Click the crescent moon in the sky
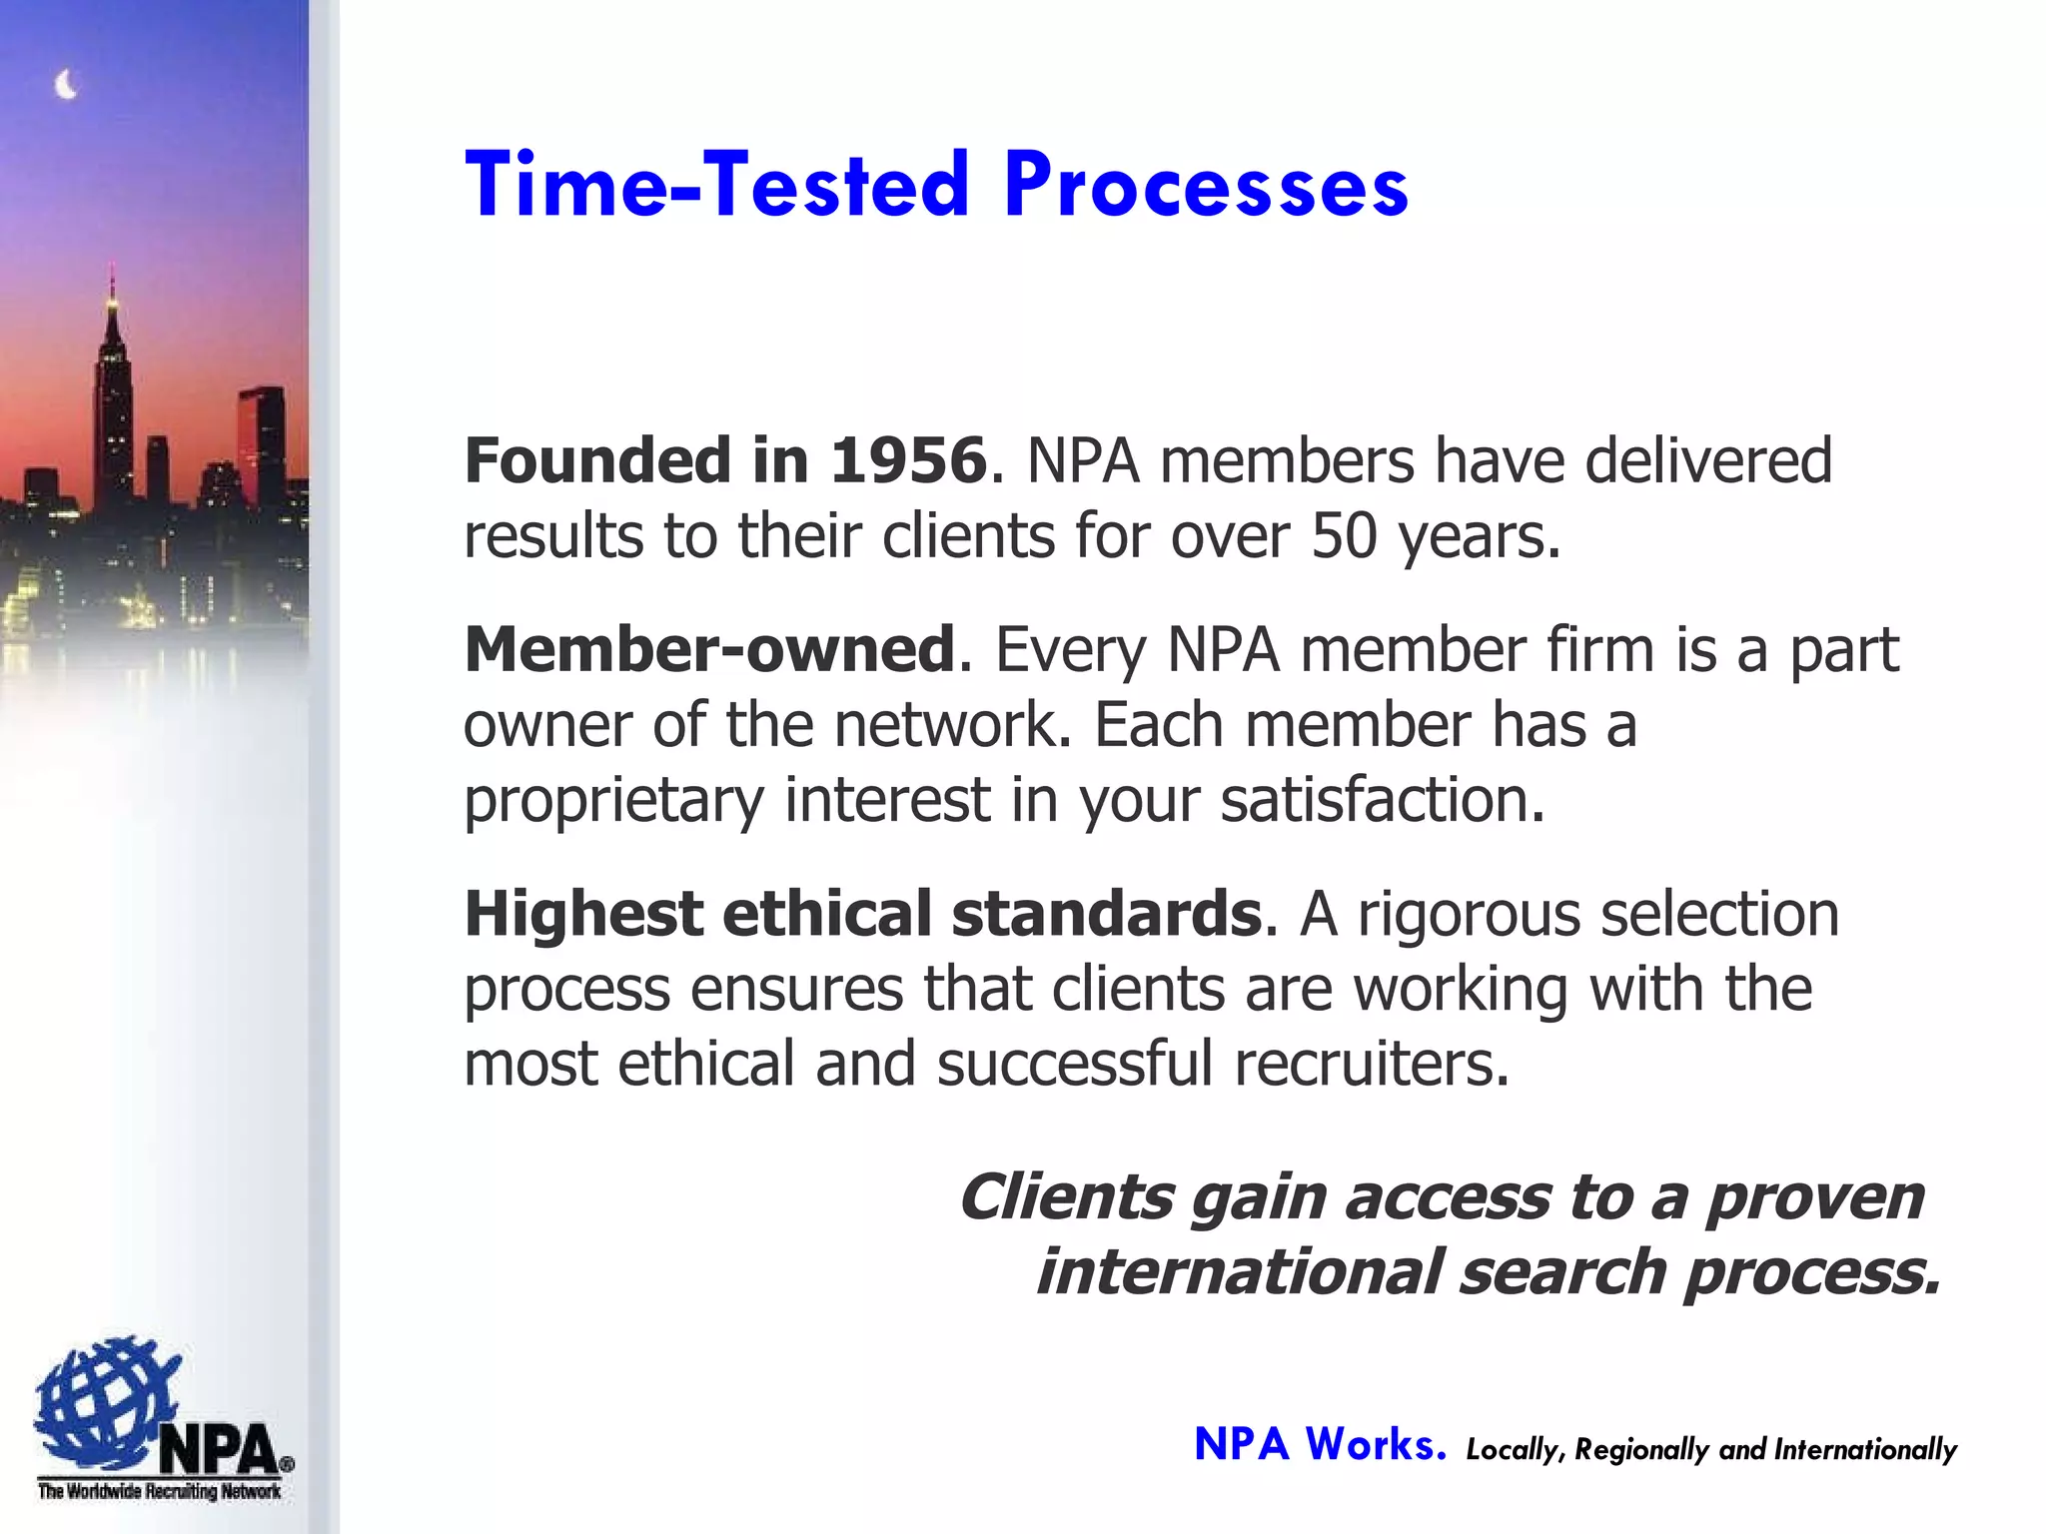pos(66,86)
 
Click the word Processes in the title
pos(1206,186)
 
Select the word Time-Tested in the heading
pos(716,186)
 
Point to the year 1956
pos(908,460)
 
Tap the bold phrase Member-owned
pos(709,649)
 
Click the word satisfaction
pos(1382,801)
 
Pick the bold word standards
pos(1107,914)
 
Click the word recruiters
pos(1371,1064)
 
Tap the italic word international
pos(1239,1272)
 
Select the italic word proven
pos(1813,1197)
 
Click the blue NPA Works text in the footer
pos(1320,1445)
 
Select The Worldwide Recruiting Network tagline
pos(160,1492)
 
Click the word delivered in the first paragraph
pos(1707,460)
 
